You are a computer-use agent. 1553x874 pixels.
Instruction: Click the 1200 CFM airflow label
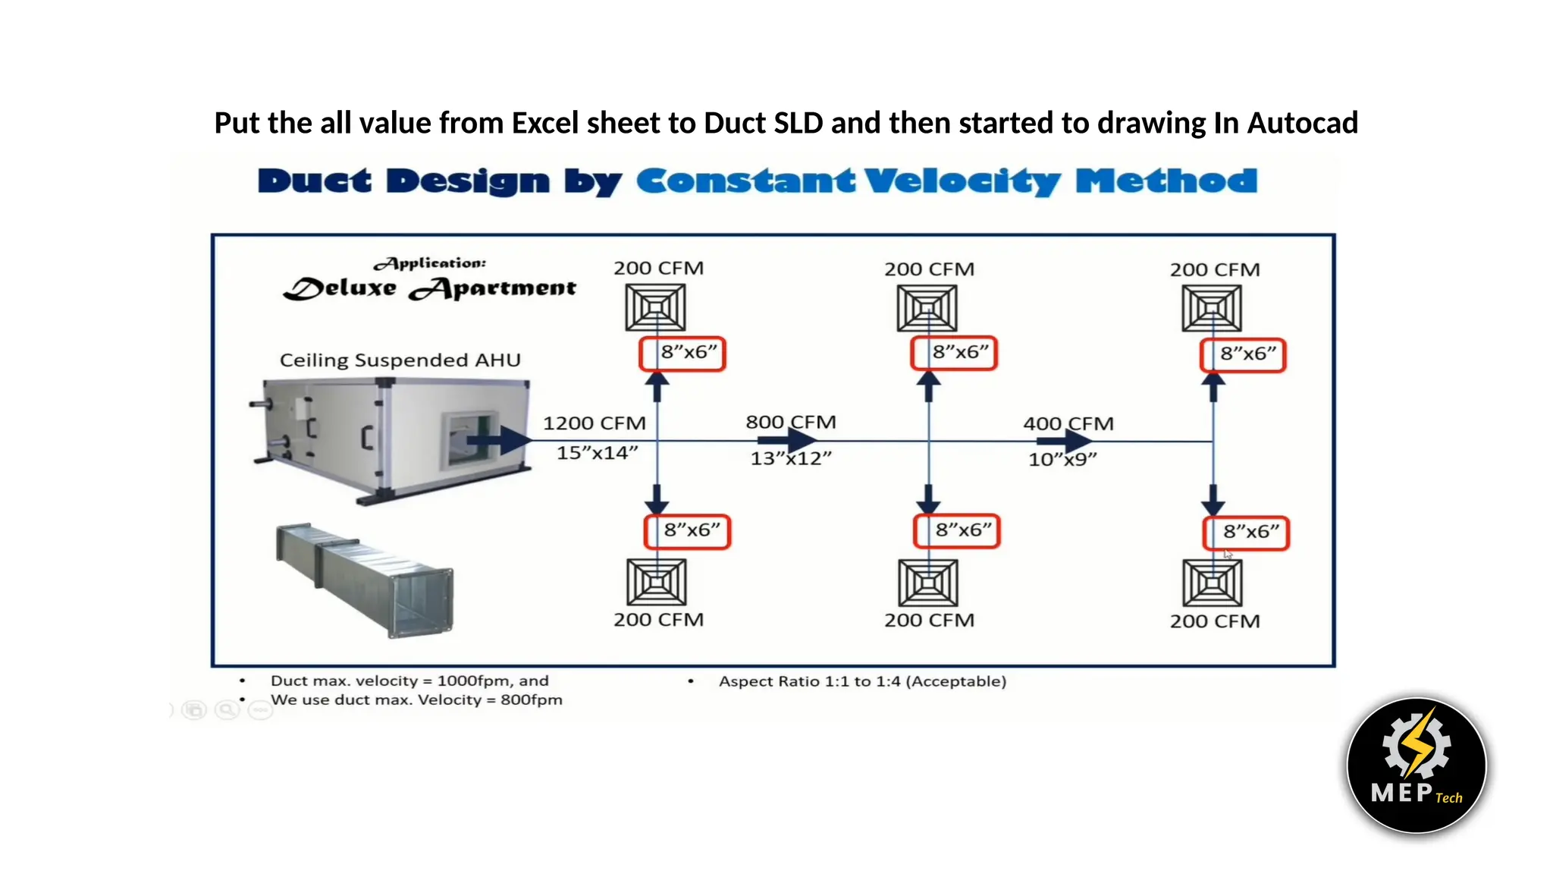[594, 423]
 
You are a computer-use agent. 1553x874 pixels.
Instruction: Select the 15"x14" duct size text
[597, 453]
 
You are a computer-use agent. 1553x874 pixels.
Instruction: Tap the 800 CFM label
[790, 422]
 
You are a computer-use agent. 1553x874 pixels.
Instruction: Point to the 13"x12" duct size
[790, 458]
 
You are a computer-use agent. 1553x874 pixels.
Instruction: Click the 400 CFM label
[1068, 423]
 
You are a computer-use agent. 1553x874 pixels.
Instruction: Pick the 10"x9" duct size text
[1062, 459]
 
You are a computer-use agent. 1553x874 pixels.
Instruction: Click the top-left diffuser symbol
[655, 307]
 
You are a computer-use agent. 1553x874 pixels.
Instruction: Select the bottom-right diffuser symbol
[1212, 583]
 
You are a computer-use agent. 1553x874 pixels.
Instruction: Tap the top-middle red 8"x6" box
[953, 353]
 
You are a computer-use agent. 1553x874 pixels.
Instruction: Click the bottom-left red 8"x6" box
[686, 531]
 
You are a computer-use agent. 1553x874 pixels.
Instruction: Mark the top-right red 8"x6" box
[1242, 354]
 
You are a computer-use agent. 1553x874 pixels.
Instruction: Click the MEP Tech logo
[1416, 765]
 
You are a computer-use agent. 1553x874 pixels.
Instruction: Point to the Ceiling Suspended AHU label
[400, 360]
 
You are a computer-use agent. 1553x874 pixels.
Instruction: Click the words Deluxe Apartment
[430, 288]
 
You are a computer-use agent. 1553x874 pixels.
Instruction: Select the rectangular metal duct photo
[364, 578]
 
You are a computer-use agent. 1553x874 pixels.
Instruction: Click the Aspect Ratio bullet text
[862, 681]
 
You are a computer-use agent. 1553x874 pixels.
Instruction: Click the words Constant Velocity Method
[946, 181]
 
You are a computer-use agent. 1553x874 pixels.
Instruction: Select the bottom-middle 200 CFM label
[929, 620]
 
